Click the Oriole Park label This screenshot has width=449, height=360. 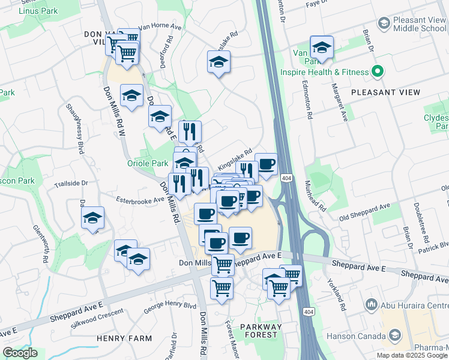click(x=148, y=163)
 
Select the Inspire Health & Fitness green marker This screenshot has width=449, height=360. click(x=377, y=72)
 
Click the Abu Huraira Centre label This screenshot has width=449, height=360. click(x=414, y=304)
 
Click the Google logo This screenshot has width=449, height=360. click(x=20, y=353)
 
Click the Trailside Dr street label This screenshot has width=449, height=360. click(x=71, y=184)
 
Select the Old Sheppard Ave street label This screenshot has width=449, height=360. click(x=364, y=211)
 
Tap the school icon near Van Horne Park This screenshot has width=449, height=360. click(x=321, y=48)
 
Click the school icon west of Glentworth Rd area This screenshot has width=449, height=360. click(x=93, y=218)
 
